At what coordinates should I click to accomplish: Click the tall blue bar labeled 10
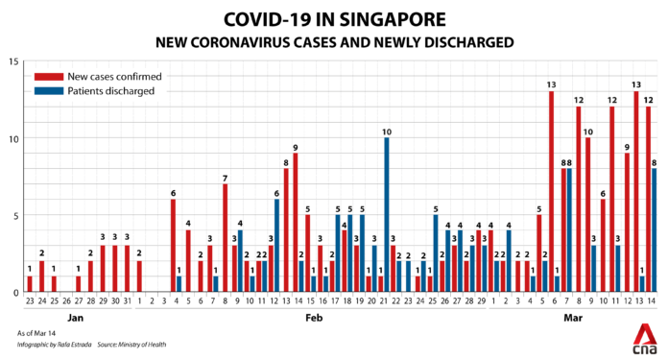pos(386,215)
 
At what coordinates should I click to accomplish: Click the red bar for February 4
pos(174,246)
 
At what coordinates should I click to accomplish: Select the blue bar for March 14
pos(655,230)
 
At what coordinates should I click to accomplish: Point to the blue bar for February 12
pos(276,246)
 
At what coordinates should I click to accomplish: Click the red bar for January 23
pos(30,284)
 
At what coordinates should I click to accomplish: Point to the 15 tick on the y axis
pos(12,61)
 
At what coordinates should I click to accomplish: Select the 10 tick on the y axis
pos(12,138)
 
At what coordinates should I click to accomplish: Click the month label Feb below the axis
pos(314,316)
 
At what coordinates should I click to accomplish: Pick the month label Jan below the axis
pos(80,316)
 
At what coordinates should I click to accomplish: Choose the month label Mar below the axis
pos(572,316)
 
